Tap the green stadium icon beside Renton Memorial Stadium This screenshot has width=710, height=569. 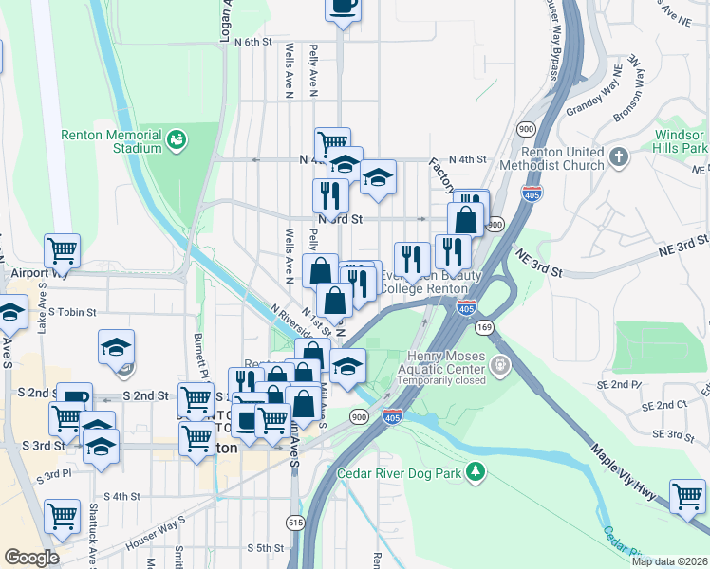tap(176, 141)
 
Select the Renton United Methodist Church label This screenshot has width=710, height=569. tap(563, 158)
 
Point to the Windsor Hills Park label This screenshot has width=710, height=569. tap(681, 142)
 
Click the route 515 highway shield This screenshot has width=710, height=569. tap(294, 523)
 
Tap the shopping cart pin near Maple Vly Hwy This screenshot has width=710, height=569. tap(687, 495)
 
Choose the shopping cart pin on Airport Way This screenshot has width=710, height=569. tap(63, 251)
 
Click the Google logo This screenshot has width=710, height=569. tap(31, 558)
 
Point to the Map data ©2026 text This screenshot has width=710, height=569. tap(668, 561)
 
